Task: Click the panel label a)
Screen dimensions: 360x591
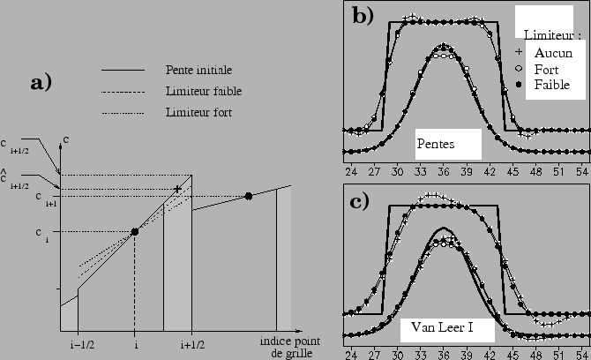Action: pyautogui.click(x=41, y=83)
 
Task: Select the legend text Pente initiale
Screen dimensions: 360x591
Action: pyautogui.click(x=199, y=69)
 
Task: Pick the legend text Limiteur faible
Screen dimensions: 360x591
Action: pyautogui.click(x=204, y=91)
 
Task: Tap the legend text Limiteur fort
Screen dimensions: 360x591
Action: pyautogui.click(x=198, y=112)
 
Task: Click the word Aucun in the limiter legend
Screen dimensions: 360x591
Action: pyautogui.click(x=554, y=53)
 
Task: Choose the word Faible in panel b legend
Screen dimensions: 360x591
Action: pyautogui.click(x=553, y=84)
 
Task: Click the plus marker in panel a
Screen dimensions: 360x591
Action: pyautogui.click(x=178, y=189)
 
